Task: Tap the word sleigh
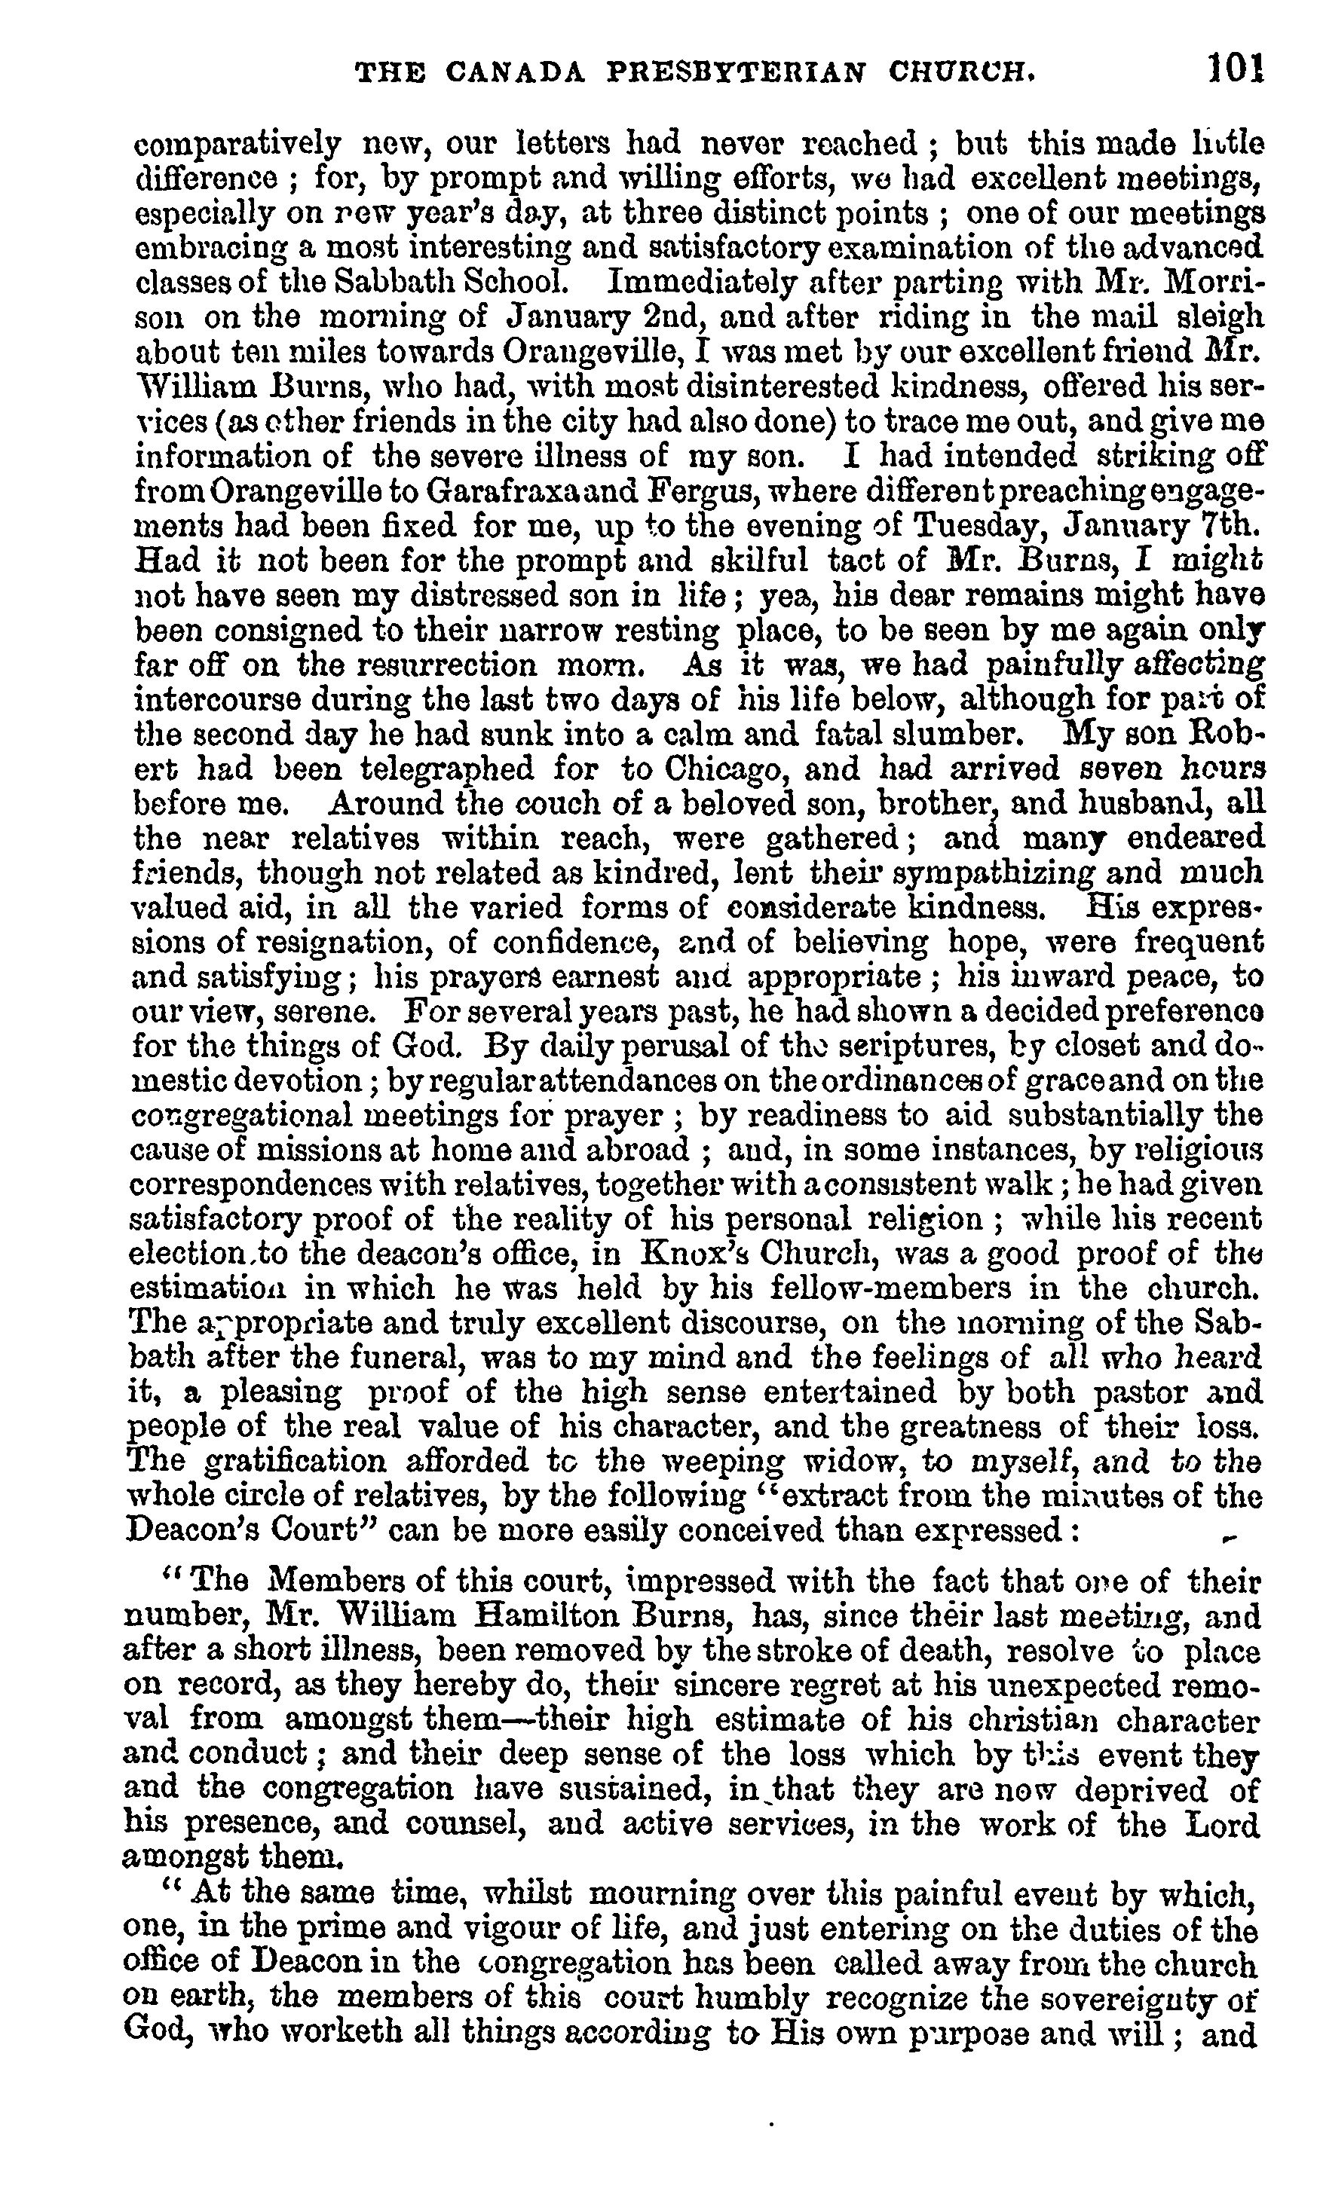(1220, 317)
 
